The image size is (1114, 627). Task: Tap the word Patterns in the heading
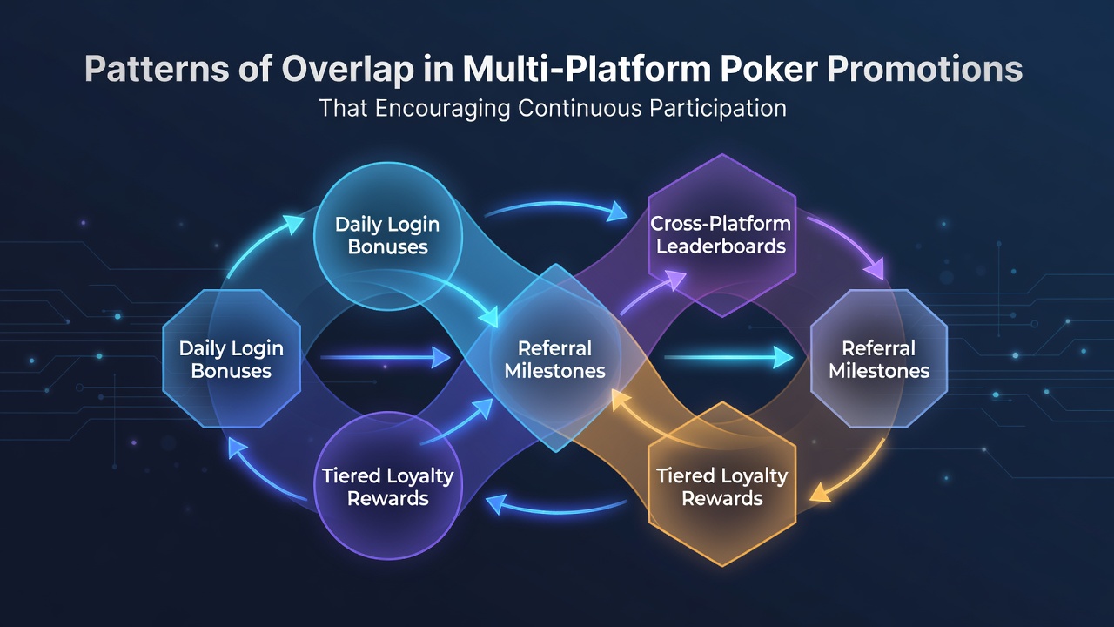(x=157, y=69)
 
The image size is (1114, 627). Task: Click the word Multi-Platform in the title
(x=587, y=69)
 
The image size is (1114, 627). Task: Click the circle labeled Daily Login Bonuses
(x=388, y=236)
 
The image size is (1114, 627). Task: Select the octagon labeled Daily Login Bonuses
(x=232, y=359)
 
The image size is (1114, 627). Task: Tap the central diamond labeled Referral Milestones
(x=555, y=358)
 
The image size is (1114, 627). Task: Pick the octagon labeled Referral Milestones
(x=879, y=359)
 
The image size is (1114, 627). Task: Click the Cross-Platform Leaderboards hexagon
(x=722, y=235)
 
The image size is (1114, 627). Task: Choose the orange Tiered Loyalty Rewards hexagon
(x=722, y=484)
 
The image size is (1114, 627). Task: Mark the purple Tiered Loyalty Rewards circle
(x=388, y=485)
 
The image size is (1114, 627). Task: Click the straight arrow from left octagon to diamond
(x=386, y=357)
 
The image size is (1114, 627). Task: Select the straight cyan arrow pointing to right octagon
(x=728, y=357)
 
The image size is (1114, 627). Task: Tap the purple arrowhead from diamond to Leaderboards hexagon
(x=674, y=279)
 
